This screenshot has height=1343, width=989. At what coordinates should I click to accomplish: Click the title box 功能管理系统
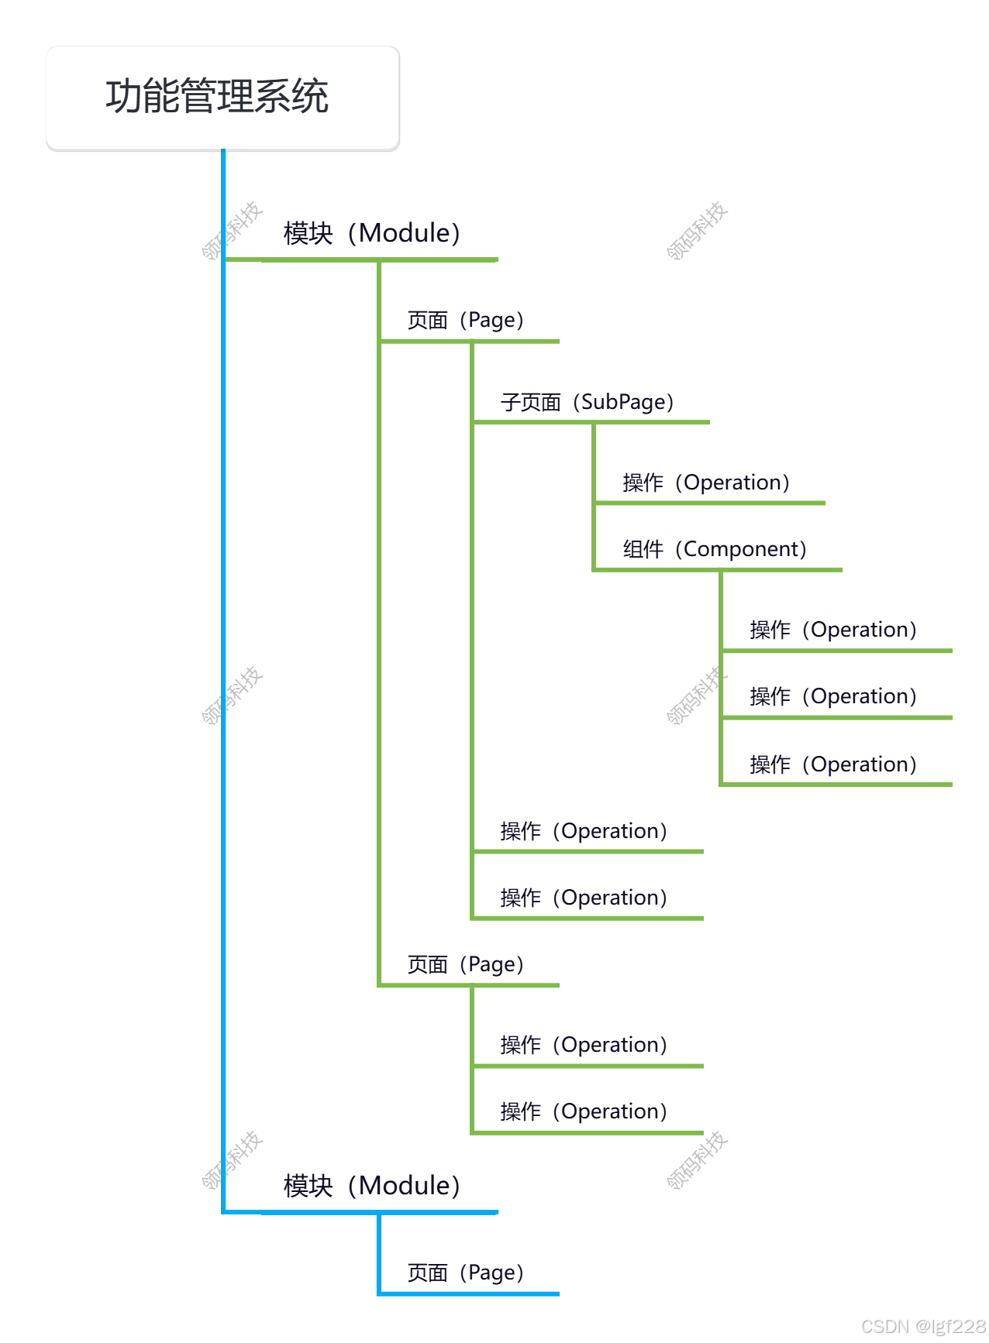[222, 98]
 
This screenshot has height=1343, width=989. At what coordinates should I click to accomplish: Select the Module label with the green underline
[372, 233]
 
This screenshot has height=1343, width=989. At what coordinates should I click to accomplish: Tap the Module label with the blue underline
[372, 1186]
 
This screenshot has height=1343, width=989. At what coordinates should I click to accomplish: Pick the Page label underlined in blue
[466, 1273]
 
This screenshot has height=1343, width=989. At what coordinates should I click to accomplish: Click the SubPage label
[587, 402]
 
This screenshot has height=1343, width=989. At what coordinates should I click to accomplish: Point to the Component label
[715, 549]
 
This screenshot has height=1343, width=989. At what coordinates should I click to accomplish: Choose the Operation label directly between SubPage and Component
[706, 483]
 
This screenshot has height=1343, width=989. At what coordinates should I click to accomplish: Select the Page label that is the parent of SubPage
[466, 320]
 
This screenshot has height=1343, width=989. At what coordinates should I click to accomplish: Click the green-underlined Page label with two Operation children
[466, 964]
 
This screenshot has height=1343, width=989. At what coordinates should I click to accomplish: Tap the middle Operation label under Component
[833, 696]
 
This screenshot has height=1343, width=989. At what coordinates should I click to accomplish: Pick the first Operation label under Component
[833, 630]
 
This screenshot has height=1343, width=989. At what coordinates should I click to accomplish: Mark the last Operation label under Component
[833, 764]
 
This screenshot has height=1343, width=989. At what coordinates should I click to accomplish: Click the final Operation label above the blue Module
[584, 1111]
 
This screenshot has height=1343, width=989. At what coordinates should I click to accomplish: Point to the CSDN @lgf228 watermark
[923, 1326]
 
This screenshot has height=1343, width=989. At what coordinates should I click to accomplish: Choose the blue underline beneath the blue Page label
[468, 1293]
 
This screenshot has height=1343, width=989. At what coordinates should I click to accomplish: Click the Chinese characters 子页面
[531, 403]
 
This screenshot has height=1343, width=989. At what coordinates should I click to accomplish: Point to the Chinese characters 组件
[643, 550]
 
